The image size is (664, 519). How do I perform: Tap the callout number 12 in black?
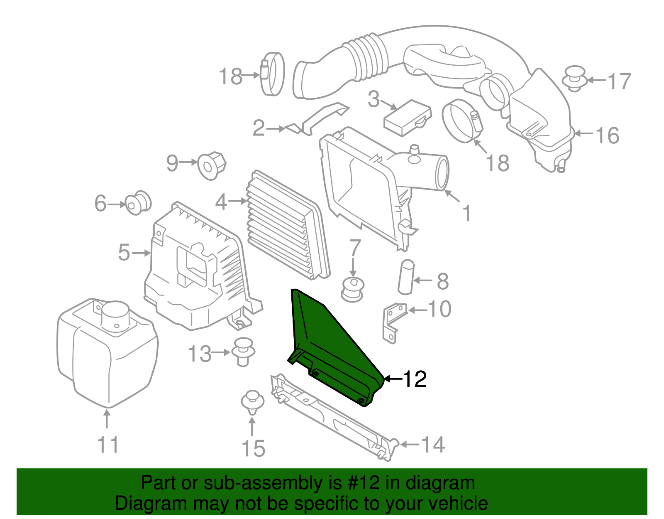415,379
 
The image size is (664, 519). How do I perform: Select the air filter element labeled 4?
286,224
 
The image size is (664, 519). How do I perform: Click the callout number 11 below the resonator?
108,445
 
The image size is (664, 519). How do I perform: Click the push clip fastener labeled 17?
574,79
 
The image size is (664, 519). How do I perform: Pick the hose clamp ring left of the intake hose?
273,74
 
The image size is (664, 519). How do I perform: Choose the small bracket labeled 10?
393,322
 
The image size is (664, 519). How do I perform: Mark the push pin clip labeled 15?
252,401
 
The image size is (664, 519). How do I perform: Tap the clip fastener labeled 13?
242,352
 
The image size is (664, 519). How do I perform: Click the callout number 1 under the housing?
466,214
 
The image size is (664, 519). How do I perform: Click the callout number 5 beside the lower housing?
124,252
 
